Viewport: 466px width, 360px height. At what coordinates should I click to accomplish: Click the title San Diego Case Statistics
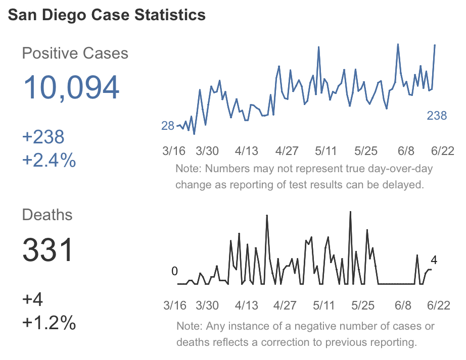point(107,15)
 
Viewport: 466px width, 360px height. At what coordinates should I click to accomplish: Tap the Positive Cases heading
point(75,53)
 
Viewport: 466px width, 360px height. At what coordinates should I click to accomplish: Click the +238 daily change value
point(43,137)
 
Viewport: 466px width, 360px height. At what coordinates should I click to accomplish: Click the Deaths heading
point(47,215)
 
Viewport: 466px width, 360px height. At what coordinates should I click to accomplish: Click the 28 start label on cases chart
point(167,126)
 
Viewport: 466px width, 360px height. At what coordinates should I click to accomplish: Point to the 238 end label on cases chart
point(437,116)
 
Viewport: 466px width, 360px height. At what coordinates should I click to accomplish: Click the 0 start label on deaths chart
point(174,271)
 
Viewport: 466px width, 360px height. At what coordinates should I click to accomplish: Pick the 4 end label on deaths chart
point(434,260)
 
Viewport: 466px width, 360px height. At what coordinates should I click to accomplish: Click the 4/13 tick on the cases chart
point(246,151)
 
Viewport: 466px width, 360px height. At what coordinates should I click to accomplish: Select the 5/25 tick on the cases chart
point(366,151)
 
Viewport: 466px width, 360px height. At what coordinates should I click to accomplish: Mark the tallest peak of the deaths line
point(350,212)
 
